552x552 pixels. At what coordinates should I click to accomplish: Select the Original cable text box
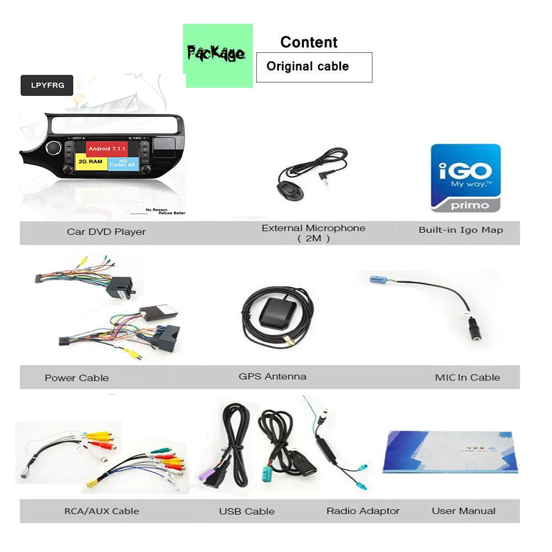pos(314,67)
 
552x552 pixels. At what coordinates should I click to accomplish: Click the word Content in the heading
pos(309,42)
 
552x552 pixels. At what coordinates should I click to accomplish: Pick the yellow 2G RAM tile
pos(91,162)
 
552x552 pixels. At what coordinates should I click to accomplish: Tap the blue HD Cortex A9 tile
pos(123,163)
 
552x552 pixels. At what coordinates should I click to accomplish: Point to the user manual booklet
pos(449,451)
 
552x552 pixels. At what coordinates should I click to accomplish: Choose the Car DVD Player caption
pos(106,232)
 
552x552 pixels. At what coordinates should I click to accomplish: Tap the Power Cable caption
pos(77,378)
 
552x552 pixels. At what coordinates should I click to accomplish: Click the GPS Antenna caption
pos(273,377)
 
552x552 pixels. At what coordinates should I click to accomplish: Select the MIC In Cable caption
pos(467,378)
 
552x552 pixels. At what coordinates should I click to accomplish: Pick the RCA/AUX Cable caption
pos(102,511)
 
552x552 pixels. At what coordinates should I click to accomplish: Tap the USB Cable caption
pos(247,511)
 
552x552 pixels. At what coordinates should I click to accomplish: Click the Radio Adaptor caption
pos(363,511)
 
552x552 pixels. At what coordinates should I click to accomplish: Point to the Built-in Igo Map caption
pos(461,230)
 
